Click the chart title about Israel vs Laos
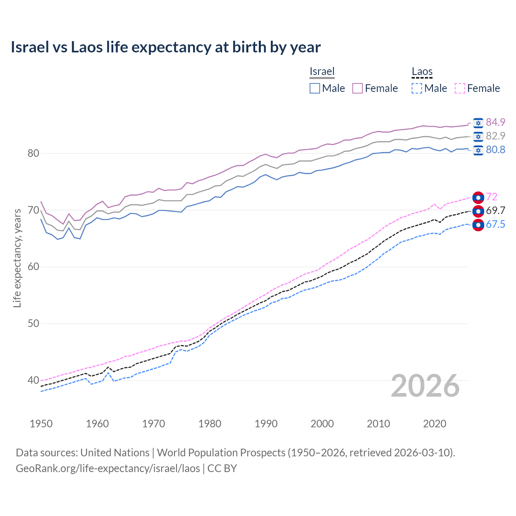[x=166, y=47]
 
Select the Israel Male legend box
[x=315, y=88]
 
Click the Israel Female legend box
[x=358, y=88]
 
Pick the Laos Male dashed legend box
[x=417, y=88]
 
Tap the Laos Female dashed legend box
[x=460, y=88]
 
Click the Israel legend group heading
[x=322, y=71]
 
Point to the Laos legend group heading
[x=422, y=71]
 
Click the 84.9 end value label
[x=495, y=122]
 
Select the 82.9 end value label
[x=495, y=136]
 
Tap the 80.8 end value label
[x=495, y=150]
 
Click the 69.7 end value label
[x=495, y=210]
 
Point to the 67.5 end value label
[x=495, y=224]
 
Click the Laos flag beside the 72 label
[x=478, y=197]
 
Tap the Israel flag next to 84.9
[x=478, y=123]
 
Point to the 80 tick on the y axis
[x=33, y=153]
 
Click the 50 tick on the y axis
[x=33, y=323]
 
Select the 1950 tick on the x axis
[x=41, y=424]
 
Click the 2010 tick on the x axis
[x=378, y=424]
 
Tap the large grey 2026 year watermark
[x=425, y=386]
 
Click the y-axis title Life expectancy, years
[x=17, y=258]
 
